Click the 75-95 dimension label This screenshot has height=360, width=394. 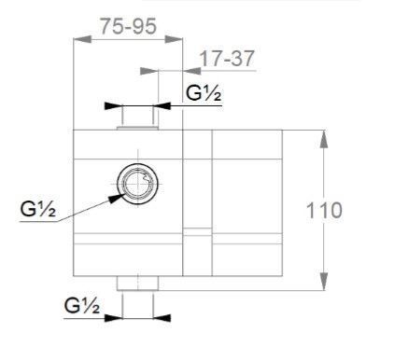[128, 26]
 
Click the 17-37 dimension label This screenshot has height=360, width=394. [227, 58]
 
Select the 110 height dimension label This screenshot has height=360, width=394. [324, 211]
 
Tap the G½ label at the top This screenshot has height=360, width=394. [204, 93]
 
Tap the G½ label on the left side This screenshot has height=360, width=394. [38, 209]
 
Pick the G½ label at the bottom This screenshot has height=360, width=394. [82, 305]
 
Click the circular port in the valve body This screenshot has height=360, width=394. [137, 184]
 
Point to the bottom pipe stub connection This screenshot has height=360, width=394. [137, 284]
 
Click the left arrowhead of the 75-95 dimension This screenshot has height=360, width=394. [82, 39]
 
